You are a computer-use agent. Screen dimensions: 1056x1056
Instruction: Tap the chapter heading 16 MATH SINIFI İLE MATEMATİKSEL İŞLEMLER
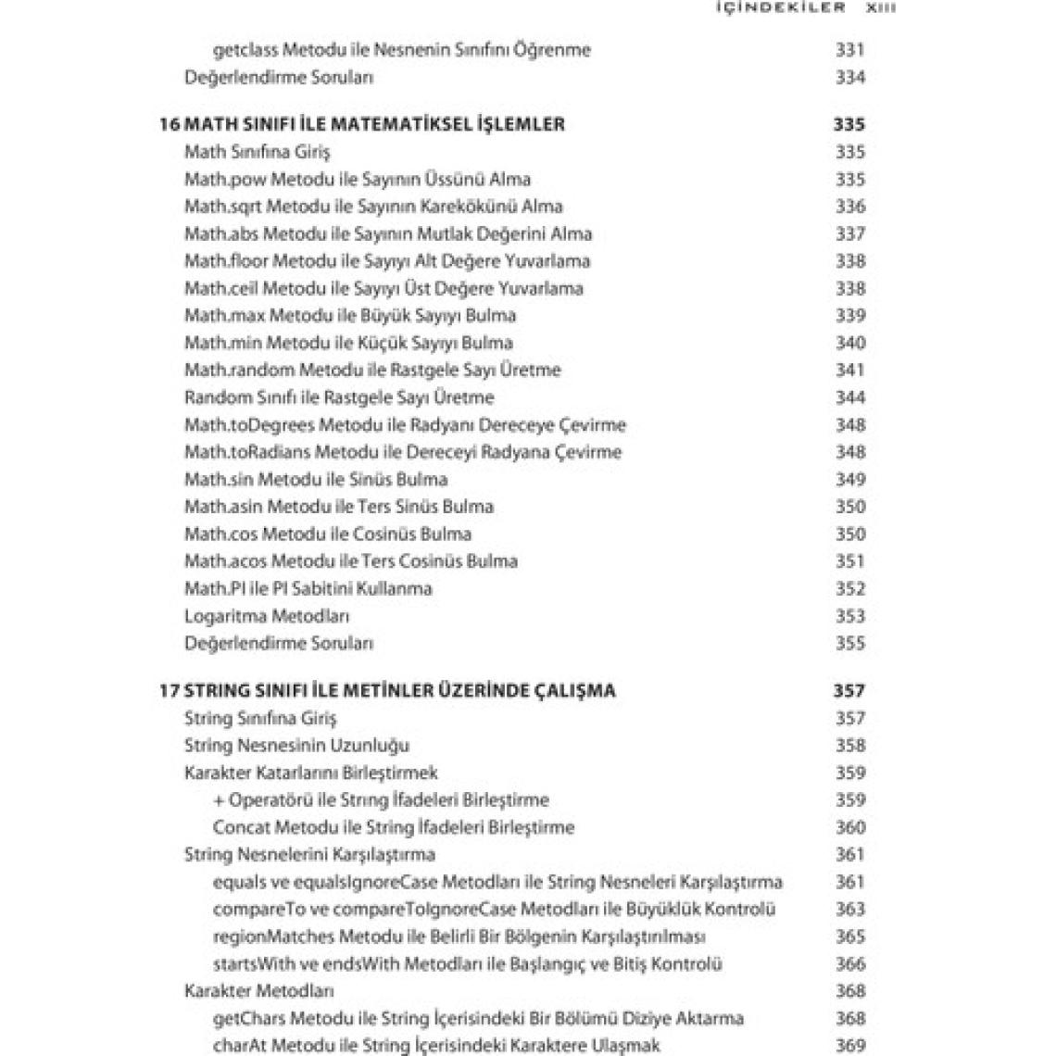(362, 124)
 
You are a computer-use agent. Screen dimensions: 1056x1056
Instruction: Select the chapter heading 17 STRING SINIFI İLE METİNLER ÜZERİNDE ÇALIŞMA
(387, 690)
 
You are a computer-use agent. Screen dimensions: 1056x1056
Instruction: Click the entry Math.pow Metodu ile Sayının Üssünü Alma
(358, 179)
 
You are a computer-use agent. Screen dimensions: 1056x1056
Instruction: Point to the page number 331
(849, 50)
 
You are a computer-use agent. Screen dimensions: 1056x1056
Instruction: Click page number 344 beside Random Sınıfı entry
(849, 397)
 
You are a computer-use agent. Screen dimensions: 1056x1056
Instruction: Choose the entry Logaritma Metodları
(267, 616)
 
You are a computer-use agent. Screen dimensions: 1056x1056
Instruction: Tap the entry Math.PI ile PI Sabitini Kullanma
(308, 588)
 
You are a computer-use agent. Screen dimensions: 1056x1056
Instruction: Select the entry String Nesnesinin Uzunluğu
(296, 745)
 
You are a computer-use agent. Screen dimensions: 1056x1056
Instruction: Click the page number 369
(849, 1046)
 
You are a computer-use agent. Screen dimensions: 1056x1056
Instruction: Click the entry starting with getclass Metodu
(401, 50)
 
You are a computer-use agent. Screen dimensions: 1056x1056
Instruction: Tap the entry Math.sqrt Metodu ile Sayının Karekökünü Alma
(373, 207)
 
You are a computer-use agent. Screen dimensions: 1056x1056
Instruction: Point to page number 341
(849, 370)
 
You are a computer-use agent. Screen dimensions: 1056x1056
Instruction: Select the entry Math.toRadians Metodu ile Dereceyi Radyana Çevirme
(403, 452)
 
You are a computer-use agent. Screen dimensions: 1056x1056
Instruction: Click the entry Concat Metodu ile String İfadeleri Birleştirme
(394, 827)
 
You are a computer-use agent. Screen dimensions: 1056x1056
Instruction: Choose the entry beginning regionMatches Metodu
(459, 937)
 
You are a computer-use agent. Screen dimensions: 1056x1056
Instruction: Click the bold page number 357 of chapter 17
(849, 690)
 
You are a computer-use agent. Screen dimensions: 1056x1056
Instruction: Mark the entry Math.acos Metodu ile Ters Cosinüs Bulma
(351, 561)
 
